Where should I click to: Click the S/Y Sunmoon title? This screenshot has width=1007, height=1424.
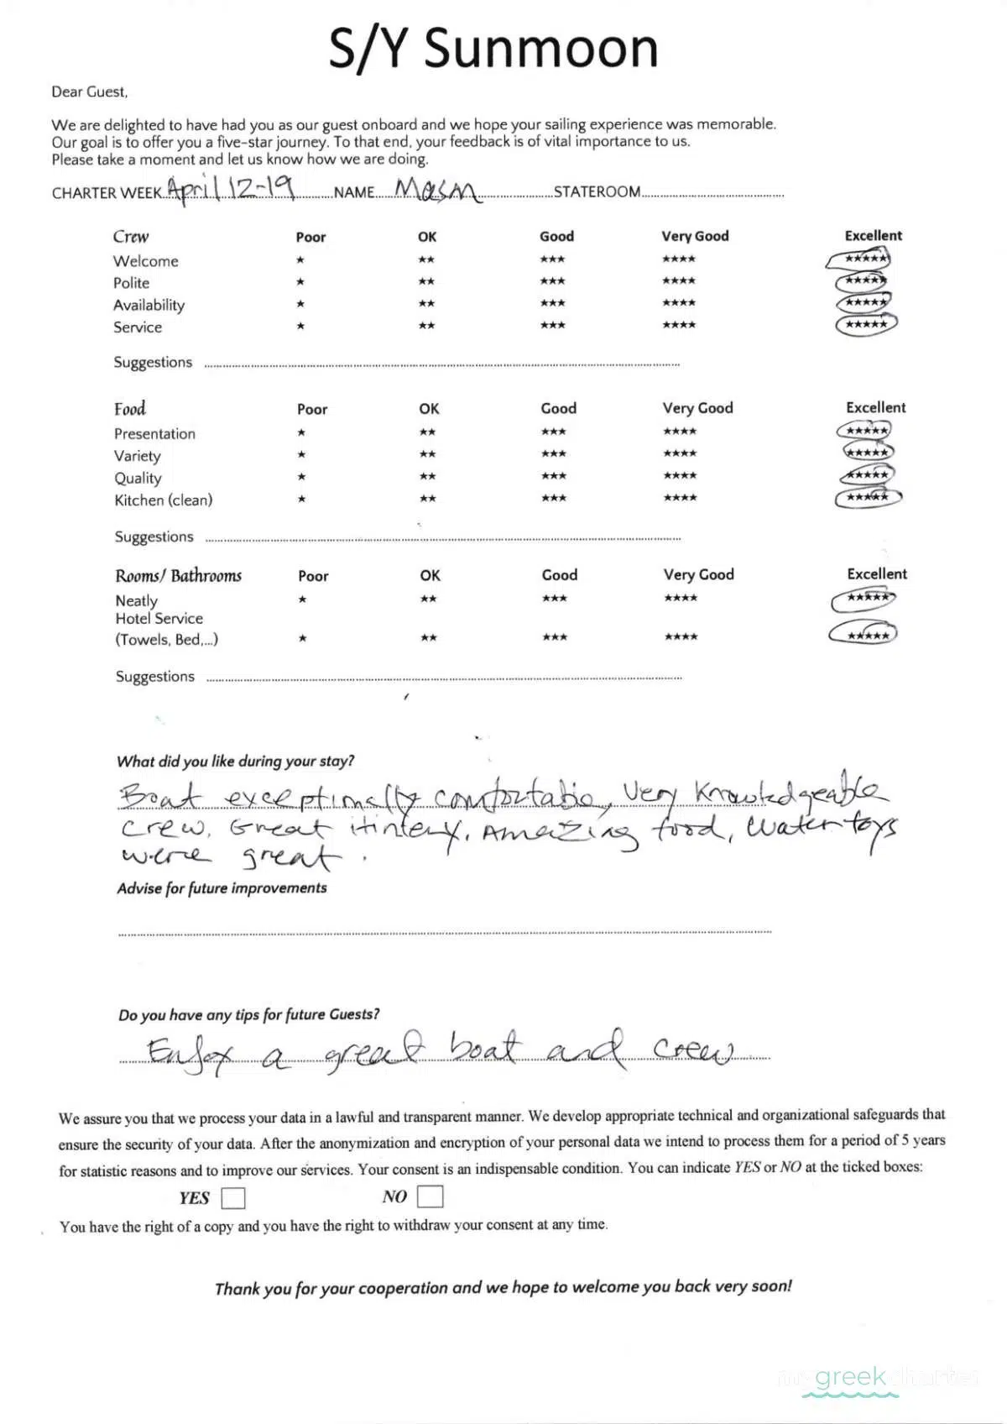(x=493, y=49)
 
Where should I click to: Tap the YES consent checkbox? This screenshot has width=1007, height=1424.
(x=233, y=1197)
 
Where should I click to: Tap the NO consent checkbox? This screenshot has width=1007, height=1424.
(x=430, y=1196)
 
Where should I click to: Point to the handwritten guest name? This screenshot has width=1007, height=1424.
(x=437, y=191)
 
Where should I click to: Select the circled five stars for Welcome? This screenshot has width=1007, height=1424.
(x=861, y=259)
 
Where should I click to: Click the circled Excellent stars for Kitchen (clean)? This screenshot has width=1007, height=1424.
(x=868, y=498)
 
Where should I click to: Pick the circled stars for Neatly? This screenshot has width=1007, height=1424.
(x=864, y=599)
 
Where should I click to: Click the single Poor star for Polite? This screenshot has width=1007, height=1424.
(x=300, y=282)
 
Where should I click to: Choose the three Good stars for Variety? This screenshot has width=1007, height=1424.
(x=553, y=454)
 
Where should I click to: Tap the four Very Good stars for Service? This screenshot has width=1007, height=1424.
(x=679, y=325)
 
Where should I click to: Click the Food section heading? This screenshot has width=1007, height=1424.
(x=130, y=409)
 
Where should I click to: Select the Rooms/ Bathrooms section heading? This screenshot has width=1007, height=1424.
(x=178, y=576)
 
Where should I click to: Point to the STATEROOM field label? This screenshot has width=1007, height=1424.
(x=597, y=192)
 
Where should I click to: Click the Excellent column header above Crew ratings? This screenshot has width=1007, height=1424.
(x=873, y=236)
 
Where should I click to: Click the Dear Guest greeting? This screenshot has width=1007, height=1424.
(x=90, y=92)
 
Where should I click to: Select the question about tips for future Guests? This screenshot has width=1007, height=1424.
(x=248, y=1014)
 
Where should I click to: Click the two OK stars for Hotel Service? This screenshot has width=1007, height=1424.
(x=428, y=638)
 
